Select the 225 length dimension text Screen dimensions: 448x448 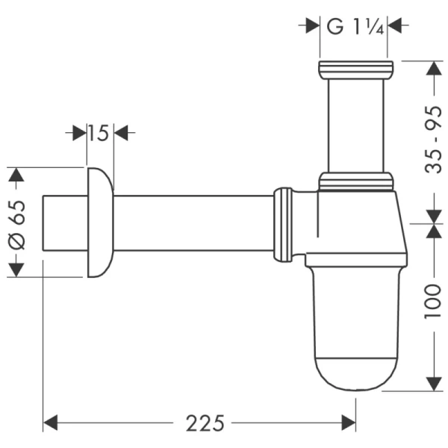pos(205,423)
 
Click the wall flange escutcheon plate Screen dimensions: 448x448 pos(100,223)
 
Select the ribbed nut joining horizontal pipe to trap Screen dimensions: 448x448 pos(283,225)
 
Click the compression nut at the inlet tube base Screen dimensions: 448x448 pos(355,181)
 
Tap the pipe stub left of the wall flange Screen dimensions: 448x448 pos(64,223)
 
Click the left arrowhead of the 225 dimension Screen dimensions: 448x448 pos(50,423)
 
